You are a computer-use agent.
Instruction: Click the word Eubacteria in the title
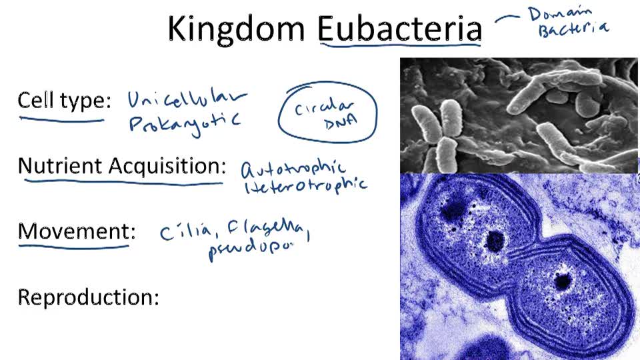[399, 29]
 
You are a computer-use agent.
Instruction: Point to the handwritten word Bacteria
[573, 29]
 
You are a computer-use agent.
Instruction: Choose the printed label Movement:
[77, 231]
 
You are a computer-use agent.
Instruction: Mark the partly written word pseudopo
[250, 251]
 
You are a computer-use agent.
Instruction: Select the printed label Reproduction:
[88, 297]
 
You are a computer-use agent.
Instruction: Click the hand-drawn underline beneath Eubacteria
[400, 46]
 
